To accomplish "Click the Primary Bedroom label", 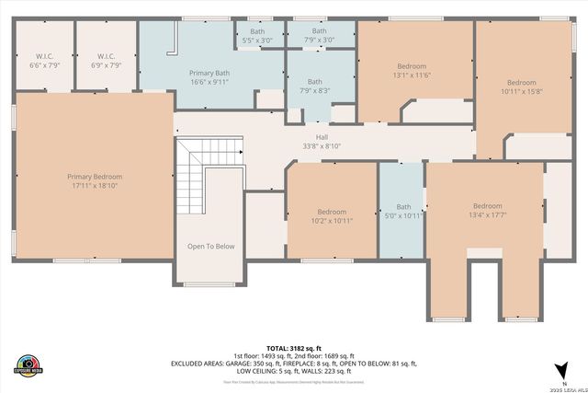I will click(x=94, y=180).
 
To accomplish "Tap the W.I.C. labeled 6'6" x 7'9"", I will click(x=43, y=61).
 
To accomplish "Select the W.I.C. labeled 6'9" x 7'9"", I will click(x=105, y=61).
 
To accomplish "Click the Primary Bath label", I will click(x=210, y=76).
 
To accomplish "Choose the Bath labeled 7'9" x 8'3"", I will click(x=315, y=85).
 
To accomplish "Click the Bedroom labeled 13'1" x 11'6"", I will click(x=412, y=70).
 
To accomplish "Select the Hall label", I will click(x=322, y=141).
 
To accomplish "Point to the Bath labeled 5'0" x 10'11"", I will click(x=403, y=211).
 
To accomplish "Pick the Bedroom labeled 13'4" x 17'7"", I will click(x=487, y=210).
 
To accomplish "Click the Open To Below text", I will click(x=210, y=246).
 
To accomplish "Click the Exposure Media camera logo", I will click(x=30, y=364).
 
